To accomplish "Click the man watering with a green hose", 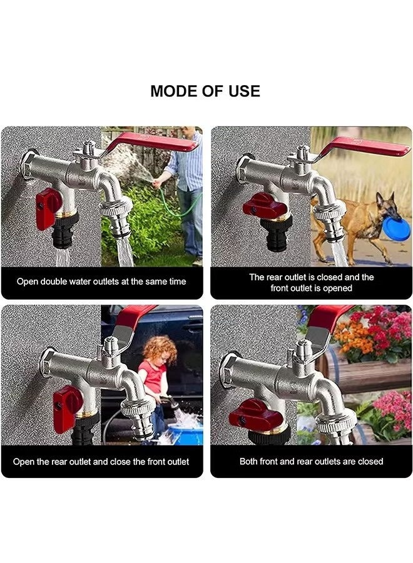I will point(187,188).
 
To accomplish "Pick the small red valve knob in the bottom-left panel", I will point(66,407).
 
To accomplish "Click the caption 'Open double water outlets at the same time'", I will point(101,281).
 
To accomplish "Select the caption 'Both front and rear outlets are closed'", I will point(311,462).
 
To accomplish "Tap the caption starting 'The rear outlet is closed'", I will point(311,282).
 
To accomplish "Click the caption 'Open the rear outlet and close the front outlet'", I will point(101,462).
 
